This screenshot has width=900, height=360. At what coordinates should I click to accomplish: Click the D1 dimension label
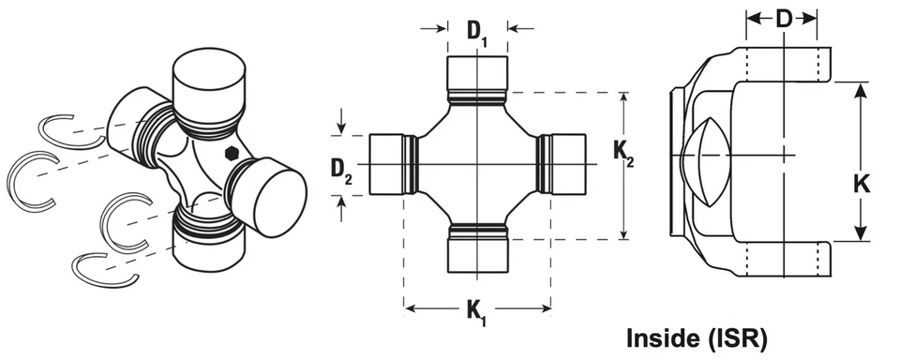(477, 32)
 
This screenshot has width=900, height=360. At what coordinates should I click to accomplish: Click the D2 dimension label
(341, 170)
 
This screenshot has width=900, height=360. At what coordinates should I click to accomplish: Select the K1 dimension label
(477, 312)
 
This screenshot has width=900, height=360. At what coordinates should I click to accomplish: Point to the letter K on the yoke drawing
(860, 184)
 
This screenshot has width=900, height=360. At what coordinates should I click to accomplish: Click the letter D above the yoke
(784, 19)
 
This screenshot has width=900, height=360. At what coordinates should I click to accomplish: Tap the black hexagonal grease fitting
(232, 154)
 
